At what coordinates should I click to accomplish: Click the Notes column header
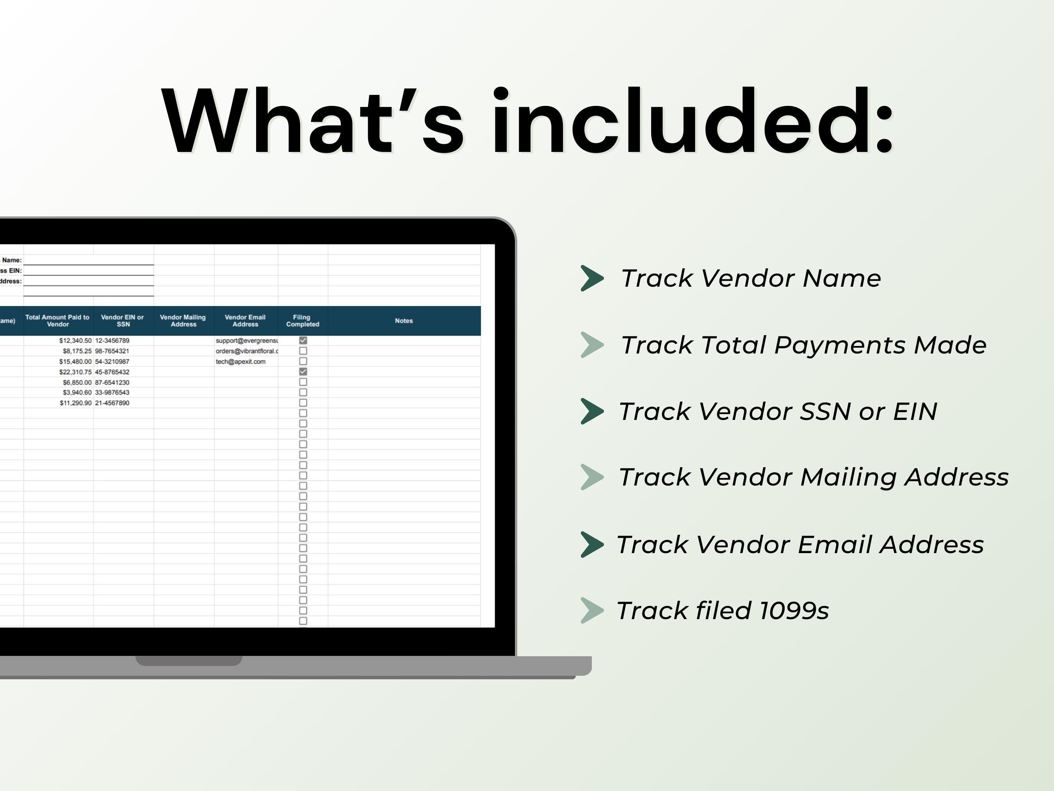[404, 321]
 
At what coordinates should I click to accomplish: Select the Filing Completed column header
[303, 321]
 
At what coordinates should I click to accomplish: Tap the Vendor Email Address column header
[245, 321]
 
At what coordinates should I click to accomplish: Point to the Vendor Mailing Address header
[183, 321]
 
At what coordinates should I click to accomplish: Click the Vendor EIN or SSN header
[123, 321]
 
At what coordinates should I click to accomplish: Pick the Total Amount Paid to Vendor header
[58, 321]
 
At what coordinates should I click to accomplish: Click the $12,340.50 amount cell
[75, 341]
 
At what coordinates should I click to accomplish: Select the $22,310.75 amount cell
[75, 372]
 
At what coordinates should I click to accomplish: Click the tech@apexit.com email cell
[240, 362]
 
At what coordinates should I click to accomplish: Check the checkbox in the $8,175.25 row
[303, 351]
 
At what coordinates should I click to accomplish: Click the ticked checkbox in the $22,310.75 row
[303, 371]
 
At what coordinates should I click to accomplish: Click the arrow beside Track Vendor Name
[592, 279]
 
